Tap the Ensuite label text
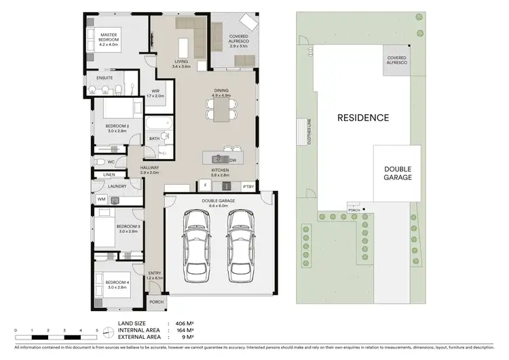(105, 78)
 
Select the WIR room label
(155, 93)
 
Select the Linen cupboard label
(109, 175)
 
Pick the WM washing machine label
(101, 199)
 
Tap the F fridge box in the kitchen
(204, 185)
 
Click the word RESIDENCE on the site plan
(363, 118)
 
